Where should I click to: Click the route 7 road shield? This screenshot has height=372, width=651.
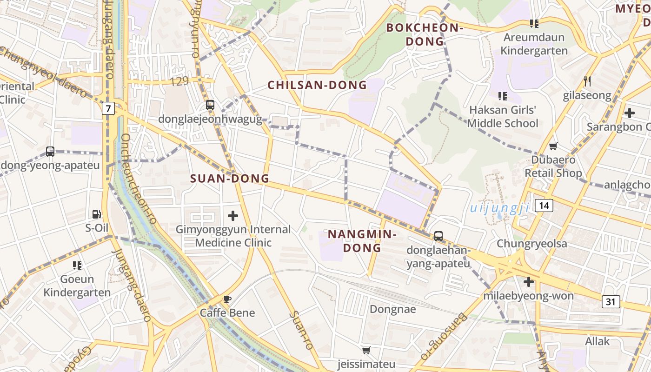pyautogui.click(x=108, y=109)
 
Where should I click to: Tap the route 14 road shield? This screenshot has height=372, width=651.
pyautogui.click(x=544, y=205)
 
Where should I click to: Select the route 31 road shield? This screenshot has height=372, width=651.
pyautogui.click(x=611, y=302)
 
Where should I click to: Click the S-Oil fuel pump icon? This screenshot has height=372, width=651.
pyautogui.click(x=97, y=214)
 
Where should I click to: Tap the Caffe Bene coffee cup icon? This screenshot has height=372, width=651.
pyautogui.click(x=227, y=299)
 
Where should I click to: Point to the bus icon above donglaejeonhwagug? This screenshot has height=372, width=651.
pyautogui.click(x=210, y=105)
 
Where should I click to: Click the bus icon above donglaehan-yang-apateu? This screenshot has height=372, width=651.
pyautogui.click(x=438, y=236)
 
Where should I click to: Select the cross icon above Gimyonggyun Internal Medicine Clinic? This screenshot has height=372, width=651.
pyautogui.click(x=233, y=216)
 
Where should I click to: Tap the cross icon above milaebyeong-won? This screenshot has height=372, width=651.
pyautogui.click(x=529, y=282)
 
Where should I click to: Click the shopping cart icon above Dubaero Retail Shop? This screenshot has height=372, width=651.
pyautogui.click(x=553, y=146)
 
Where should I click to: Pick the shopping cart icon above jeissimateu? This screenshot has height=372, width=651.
pyautogui.click(x=366, y=351)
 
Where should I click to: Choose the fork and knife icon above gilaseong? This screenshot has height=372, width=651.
pyautogui.click(x=587, y=82)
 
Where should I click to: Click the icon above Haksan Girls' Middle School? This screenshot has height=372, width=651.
pyautogui.click(x=503, y=96)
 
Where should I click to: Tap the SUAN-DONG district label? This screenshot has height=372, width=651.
pyautogui.click(x=230, y=179)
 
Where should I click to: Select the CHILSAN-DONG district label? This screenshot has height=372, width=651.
pyautogui.click(x=317, y=85)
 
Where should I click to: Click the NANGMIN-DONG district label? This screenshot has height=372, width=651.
pyautogui.click(x=362, y=241)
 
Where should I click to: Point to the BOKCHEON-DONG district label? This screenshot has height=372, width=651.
pyautogui.click(x=425, y=34)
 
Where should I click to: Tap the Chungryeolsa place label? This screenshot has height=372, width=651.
pyautogui.click(x=532, y=244)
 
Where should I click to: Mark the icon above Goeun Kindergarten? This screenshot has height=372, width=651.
pyautogui.click(x=77, y=266)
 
